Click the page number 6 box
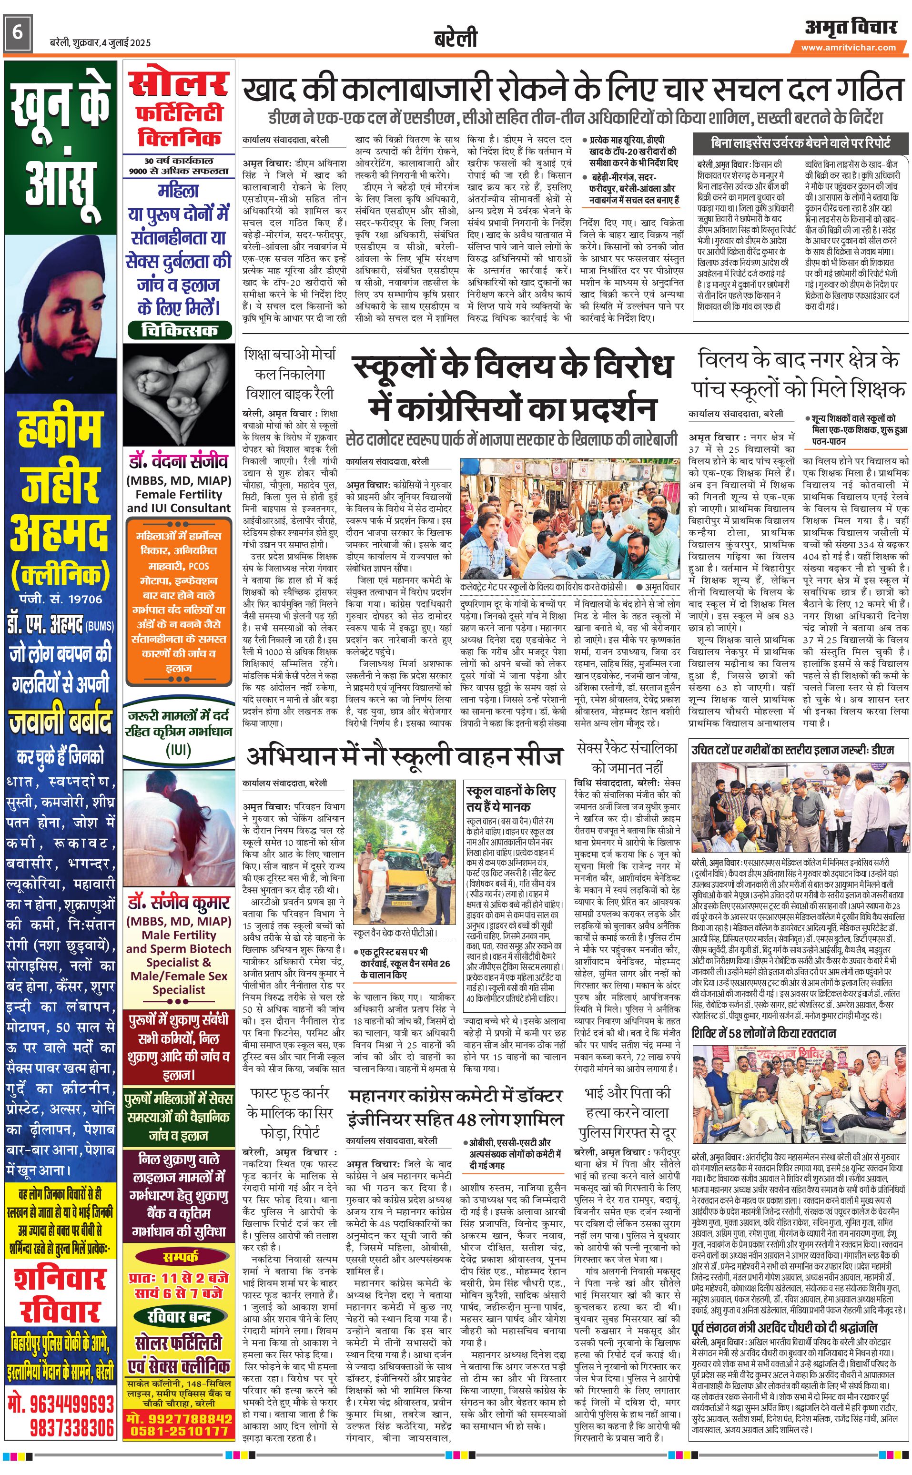(x=18, y=32)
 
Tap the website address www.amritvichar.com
(x=848, y=48)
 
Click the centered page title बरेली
(x=456, y=38)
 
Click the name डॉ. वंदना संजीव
(x=179, y=461)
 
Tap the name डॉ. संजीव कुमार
(x=179, y=903)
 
